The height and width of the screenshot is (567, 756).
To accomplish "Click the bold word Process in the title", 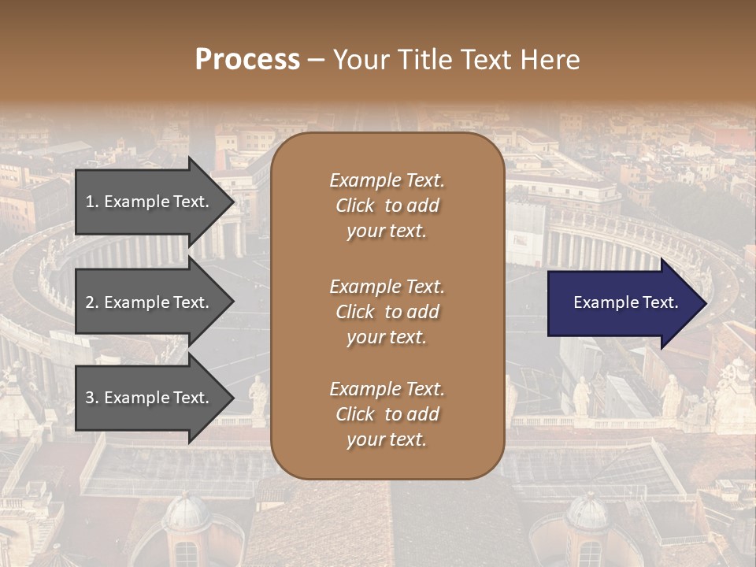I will [247, 60].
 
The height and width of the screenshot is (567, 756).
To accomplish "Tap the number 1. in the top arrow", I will [92, 202].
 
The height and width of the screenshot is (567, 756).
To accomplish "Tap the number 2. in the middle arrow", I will [92, 302].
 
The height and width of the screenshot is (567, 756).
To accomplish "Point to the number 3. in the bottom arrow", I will [92, 398].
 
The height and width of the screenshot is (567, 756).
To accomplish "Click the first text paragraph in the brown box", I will [387, 206].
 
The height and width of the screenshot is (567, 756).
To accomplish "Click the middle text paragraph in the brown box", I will [387, 312].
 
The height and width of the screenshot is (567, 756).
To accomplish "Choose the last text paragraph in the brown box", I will [387, 414].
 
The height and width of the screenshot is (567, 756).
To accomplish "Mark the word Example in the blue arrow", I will [602, 302].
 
